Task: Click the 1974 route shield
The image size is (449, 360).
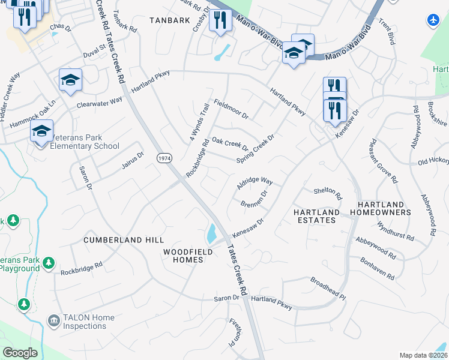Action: pos(163,158)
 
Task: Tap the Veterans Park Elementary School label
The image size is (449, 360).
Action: pos(85,142)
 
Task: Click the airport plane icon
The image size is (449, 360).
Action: pos(433,20)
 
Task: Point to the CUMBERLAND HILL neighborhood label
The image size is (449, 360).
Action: pos(116,240)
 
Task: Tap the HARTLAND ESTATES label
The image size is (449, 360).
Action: pos(315,217)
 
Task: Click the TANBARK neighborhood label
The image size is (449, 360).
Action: pos(166,20)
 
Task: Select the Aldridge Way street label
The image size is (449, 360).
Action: pos(255,184)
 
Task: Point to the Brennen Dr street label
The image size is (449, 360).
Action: pos(253,200)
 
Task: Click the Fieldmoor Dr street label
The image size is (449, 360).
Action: pos(231,108)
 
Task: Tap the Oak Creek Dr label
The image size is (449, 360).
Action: pos(230,145)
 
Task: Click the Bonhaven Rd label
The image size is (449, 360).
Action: pos(378,269)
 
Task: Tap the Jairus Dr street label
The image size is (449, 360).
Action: pos(133,161)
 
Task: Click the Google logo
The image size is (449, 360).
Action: pos(20,352)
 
